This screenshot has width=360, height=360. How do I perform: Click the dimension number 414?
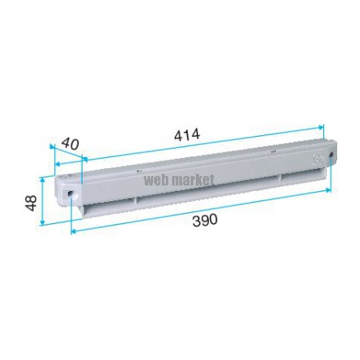tap(187, 135)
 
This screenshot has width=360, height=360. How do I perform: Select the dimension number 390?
tap(205, 220)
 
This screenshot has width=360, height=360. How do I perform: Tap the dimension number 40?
tap(70, 144)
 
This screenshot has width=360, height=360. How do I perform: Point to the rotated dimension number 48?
tap(31, 203)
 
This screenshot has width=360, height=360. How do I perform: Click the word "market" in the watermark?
tap(191, 180)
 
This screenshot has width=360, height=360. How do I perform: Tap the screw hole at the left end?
tap(70, 194)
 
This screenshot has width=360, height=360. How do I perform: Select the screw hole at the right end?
tap(331, 154)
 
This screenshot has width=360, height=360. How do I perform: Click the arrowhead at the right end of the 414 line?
tap(321, 127)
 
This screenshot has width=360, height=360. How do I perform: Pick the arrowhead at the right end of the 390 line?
tap(328, 190)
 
